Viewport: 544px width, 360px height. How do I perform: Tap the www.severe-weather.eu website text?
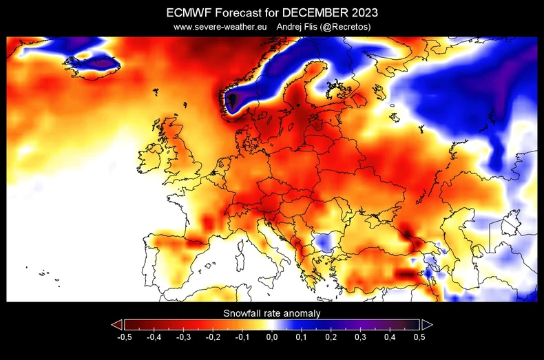point(220,27)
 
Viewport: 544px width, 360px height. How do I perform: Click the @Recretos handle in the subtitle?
point(346,27)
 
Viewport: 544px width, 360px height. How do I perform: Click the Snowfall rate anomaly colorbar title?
point(271,313)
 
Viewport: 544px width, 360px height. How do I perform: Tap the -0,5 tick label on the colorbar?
point(124,337)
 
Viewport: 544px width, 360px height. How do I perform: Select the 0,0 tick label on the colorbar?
point(271,337)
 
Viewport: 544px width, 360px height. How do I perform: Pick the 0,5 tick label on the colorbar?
point(418,337)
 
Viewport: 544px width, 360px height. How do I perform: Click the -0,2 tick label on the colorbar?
point(213,337)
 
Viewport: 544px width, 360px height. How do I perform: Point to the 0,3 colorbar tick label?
point(360,337)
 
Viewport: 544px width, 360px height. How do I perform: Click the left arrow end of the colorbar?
point(116,324)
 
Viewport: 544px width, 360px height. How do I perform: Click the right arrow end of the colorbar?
point(427,324)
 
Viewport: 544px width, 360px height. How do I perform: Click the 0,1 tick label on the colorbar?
point(301,337)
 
